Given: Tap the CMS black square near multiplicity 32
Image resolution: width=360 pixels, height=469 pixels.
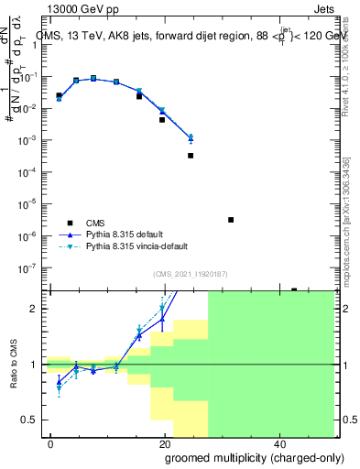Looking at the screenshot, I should click(x=231, y=220).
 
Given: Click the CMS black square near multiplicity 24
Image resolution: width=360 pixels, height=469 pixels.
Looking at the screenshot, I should click(x=191, y=156).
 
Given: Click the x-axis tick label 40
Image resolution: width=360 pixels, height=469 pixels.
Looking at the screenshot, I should click(x=278, y=443).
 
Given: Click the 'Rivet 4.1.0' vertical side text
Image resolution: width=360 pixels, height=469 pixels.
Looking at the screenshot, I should click(x=349, y=73).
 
